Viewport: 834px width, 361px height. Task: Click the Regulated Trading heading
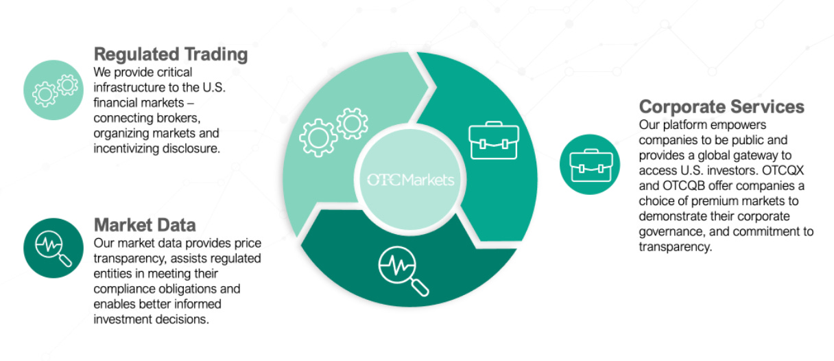pos(170,55)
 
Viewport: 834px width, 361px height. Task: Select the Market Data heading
pos(144,224)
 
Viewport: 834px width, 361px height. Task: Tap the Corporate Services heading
pos(722,107)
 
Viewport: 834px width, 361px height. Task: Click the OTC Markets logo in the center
pos(410,180)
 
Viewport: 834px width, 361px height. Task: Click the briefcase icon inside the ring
pos(493,141)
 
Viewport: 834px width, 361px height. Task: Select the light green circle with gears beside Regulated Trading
pos(54,90)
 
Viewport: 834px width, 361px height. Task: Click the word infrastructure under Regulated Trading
pos(126,87)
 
